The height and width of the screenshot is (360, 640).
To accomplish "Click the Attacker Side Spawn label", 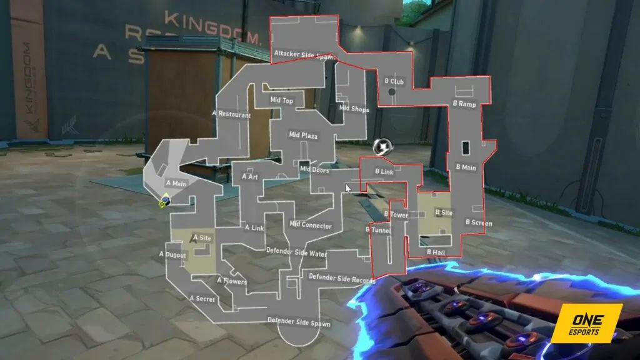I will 304,55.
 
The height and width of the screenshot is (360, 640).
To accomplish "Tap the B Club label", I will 394,81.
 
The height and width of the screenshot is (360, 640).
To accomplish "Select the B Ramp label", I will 464,104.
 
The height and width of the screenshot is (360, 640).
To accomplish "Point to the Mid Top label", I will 282,100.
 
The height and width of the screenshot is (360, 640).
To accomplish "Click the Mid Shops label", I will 354,109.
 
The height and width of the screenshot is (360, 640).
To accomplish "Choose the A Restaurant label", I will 231,114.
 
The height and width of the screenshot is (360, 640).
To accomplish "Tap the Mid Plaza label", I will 303,134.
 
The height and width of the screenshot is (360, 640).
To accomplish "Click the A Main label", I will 176,184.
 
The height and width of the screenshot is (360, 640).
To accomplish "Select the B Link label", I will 384,171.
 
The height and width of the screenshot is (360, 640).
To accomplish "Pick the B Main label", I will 466,167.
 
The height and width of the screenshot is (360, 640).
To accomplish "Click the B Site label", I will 444,212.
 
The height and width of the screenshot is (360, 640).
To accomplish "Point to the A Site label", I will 203,237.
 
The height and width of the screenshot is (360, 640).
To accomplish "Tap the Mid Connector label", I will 311,225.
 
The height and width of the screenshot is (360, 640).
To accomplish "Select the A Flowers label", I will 231,281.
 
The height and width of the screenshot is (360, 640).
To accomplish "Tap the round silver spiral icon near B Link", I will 381,147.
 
